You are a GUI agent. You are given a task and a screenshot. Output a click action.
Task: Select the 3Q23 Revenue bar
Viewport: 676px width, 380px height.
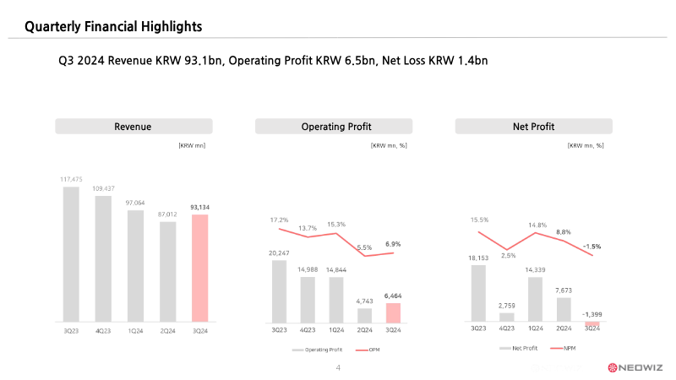click(x=71, y=253)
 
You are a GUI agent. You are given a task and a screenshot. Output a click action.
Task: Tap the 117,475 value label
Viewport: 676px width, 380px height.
click(x=71, y=179)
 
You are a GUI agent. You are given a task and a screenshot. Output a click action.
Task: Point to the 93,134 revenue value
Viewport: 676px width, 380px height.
click(x=199, y=208)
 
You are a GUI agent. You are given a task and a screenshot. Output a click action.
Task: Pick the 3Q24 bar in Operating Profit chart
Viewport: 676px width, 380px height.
click(x=393, y=312)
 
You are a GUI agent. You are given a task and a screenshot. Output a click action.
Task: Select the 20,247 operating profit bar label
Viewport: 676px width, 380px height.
click(x=280, y=252)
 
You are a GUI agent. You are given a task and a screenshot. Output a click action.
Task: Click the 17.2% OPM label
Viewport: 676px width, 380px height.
click(x=280, y=220)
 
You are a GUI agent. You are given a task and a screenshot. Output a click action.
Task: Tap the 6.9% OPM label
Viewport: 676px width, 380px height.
click(x=393, y=244)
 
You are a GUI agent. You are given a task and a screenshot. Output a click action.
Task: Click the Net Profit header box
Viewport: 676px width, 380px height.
click(x=533, y=127)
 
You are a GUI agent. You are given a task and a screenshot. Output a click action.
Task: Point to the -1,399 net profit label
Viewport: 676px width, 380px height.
click(x=591, y=313)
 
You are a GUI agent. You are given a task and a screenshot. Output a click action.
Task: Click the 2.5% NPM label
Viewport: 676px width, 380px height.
click(x=507, y=255)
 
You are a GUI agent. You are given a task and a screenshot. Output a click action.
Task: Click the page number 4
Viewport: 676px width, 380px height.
click(x=338, y=368)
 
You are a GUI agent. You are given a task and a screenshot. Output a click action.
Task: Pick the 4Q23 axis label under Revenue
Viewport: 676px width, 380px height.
click(x=103, y=330)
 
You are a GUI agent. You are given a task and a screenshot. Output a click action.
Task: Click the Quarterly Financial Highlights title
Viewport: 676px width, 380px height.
click(x=113, y=27)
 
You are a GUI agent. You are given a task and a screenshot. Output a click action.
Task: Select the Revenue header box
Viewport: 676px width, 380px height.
click(x=134, y=127)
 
